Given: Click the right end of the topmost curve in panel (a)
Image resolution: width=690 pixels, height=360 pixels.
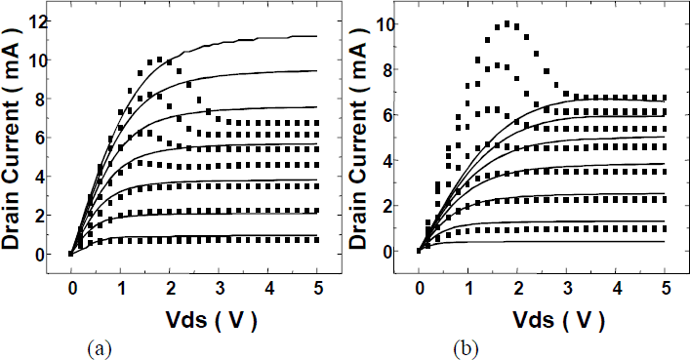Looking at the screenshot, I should pyautogui.click(x=317, y=36).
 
